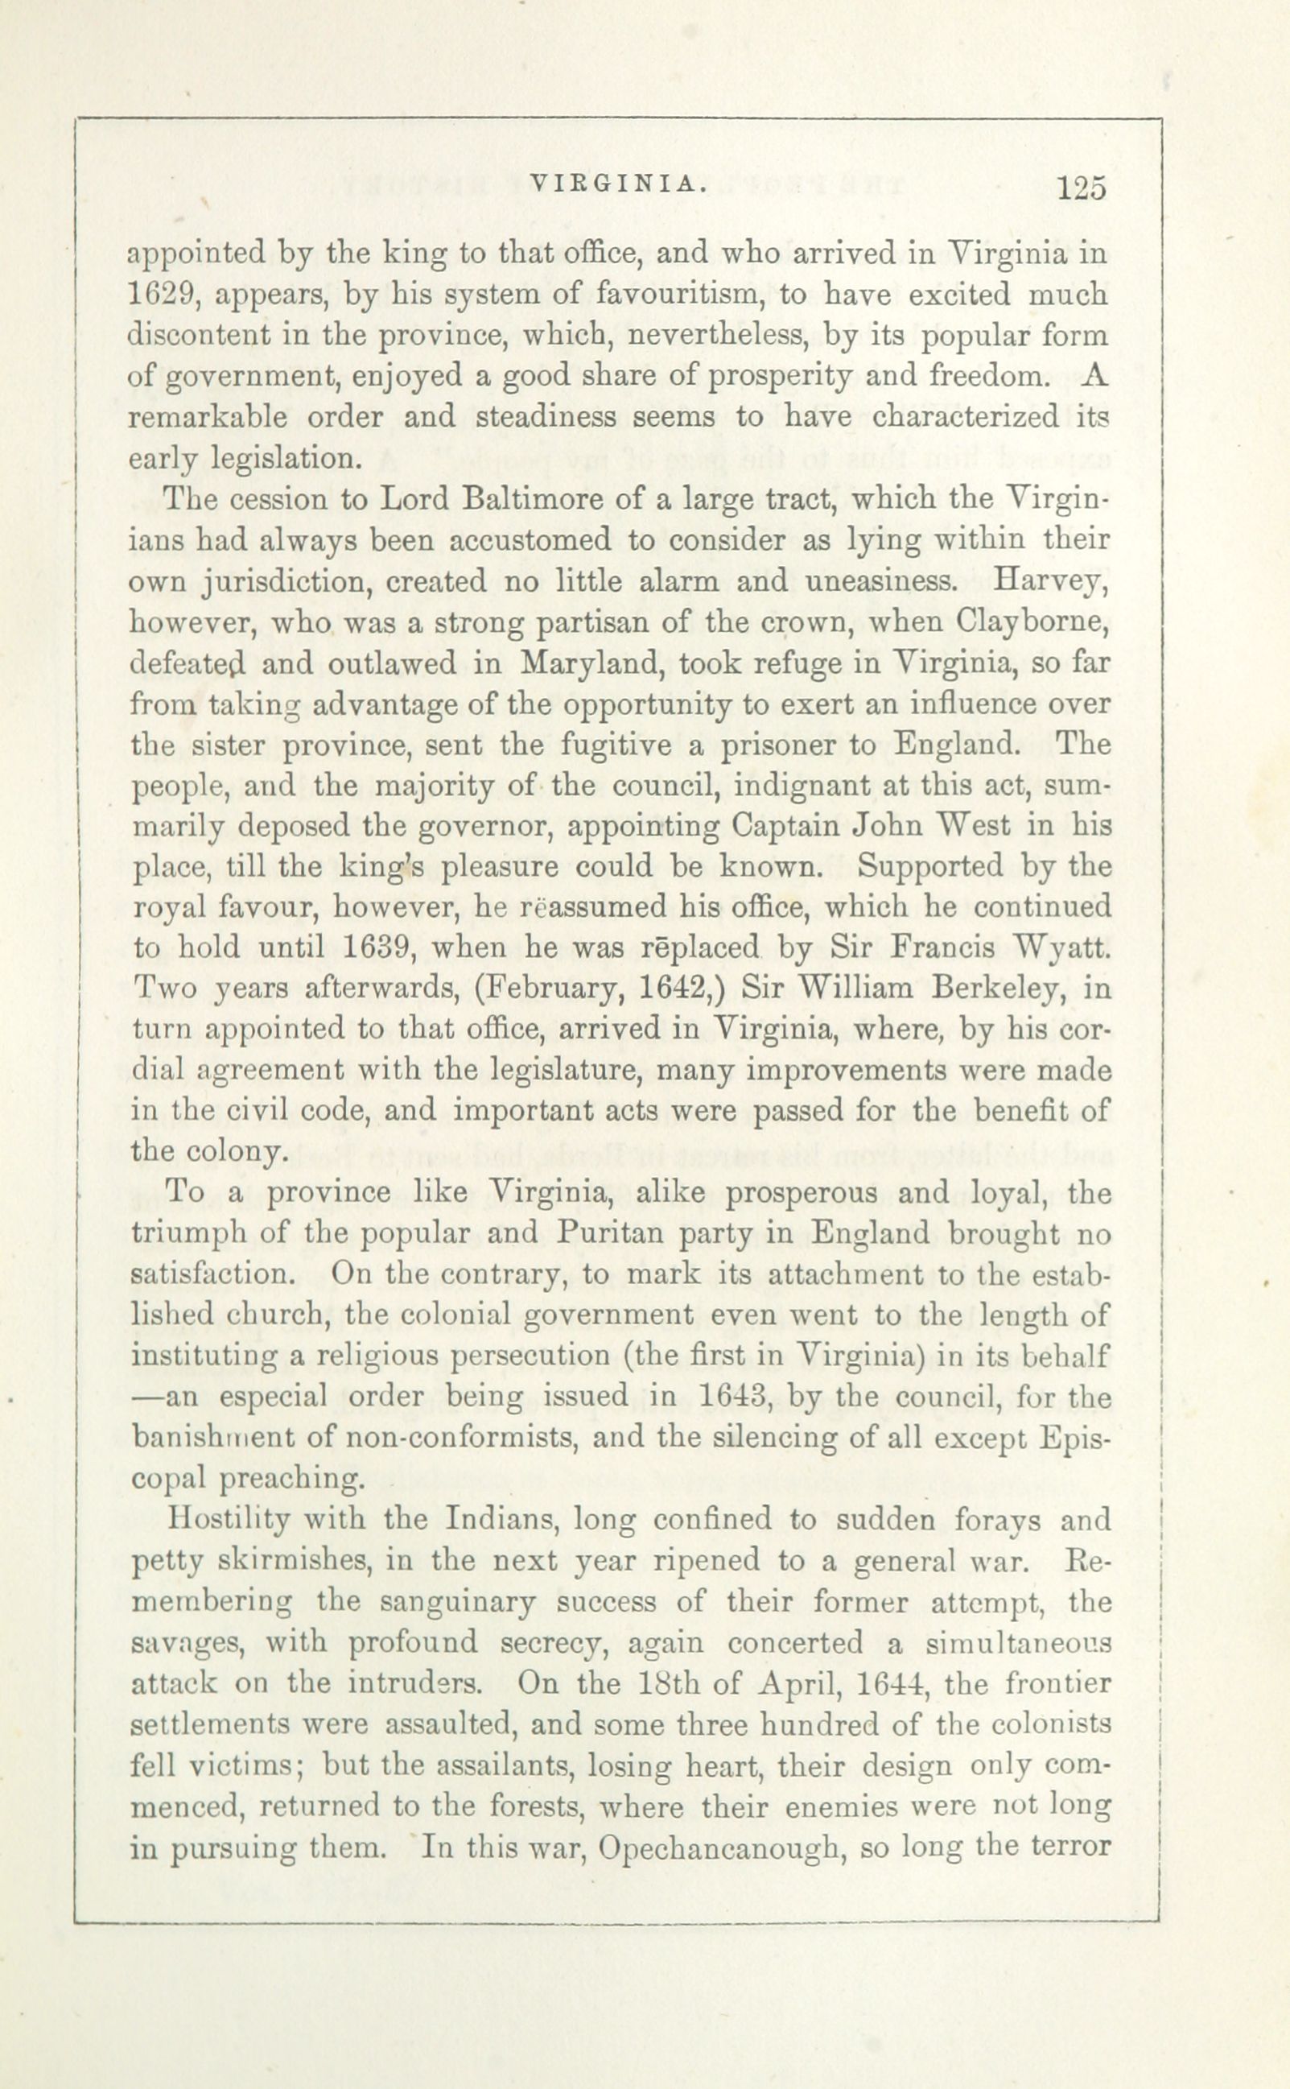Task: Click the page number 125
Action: (x=1081, y=188)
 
